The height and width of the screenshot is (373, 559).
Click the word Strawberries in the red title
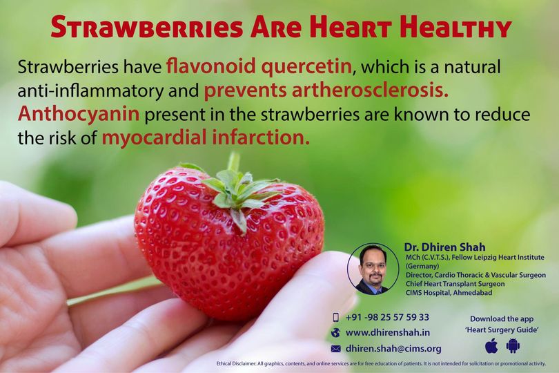[x=147, y=27]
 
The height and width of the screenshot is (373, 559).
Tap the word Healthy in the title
[x=456, y=27]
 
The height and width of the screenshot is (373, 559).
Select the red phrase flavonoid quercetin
[x=259, y=67]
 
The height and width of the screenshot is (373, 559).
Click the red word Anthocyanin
[x=79, y=114]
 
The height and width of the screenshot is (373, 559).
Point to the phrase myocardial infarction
[x=206, y=137]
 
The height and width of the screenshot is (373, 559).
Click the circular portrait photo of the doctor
[x=373, y=269]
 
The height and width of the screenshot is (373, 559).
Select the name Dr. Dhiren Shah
[x=444, y=247]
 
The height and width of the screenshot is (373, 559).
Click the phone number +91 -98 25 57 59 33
[x=387, y=317]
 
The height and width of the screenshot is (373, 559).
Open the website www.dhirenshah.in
[x=388, y=333]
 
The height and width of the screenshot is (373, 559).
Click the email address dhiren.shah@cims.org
[x=393, y=348]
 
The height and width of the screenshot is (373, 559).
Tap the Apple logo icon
[x=491, y=346]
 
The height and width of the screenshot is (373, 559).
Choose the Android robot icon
[x=513, y=346]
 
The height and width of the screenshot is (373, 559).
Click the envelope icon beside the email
[x=335, y=349]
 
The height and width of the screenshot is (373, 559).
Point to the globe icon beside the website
[x=335, y=333]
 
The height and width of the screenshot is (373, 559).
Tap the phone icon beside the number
[x=335, y=317]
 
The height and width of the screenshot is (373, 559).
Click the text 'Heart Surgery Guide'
[x=502, y=329]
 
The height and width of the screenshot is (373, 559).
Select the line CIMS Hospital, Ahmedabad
[x=449, y=293]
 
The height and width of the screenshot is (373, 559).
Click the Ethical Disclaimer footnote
[x=381, y=364]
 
